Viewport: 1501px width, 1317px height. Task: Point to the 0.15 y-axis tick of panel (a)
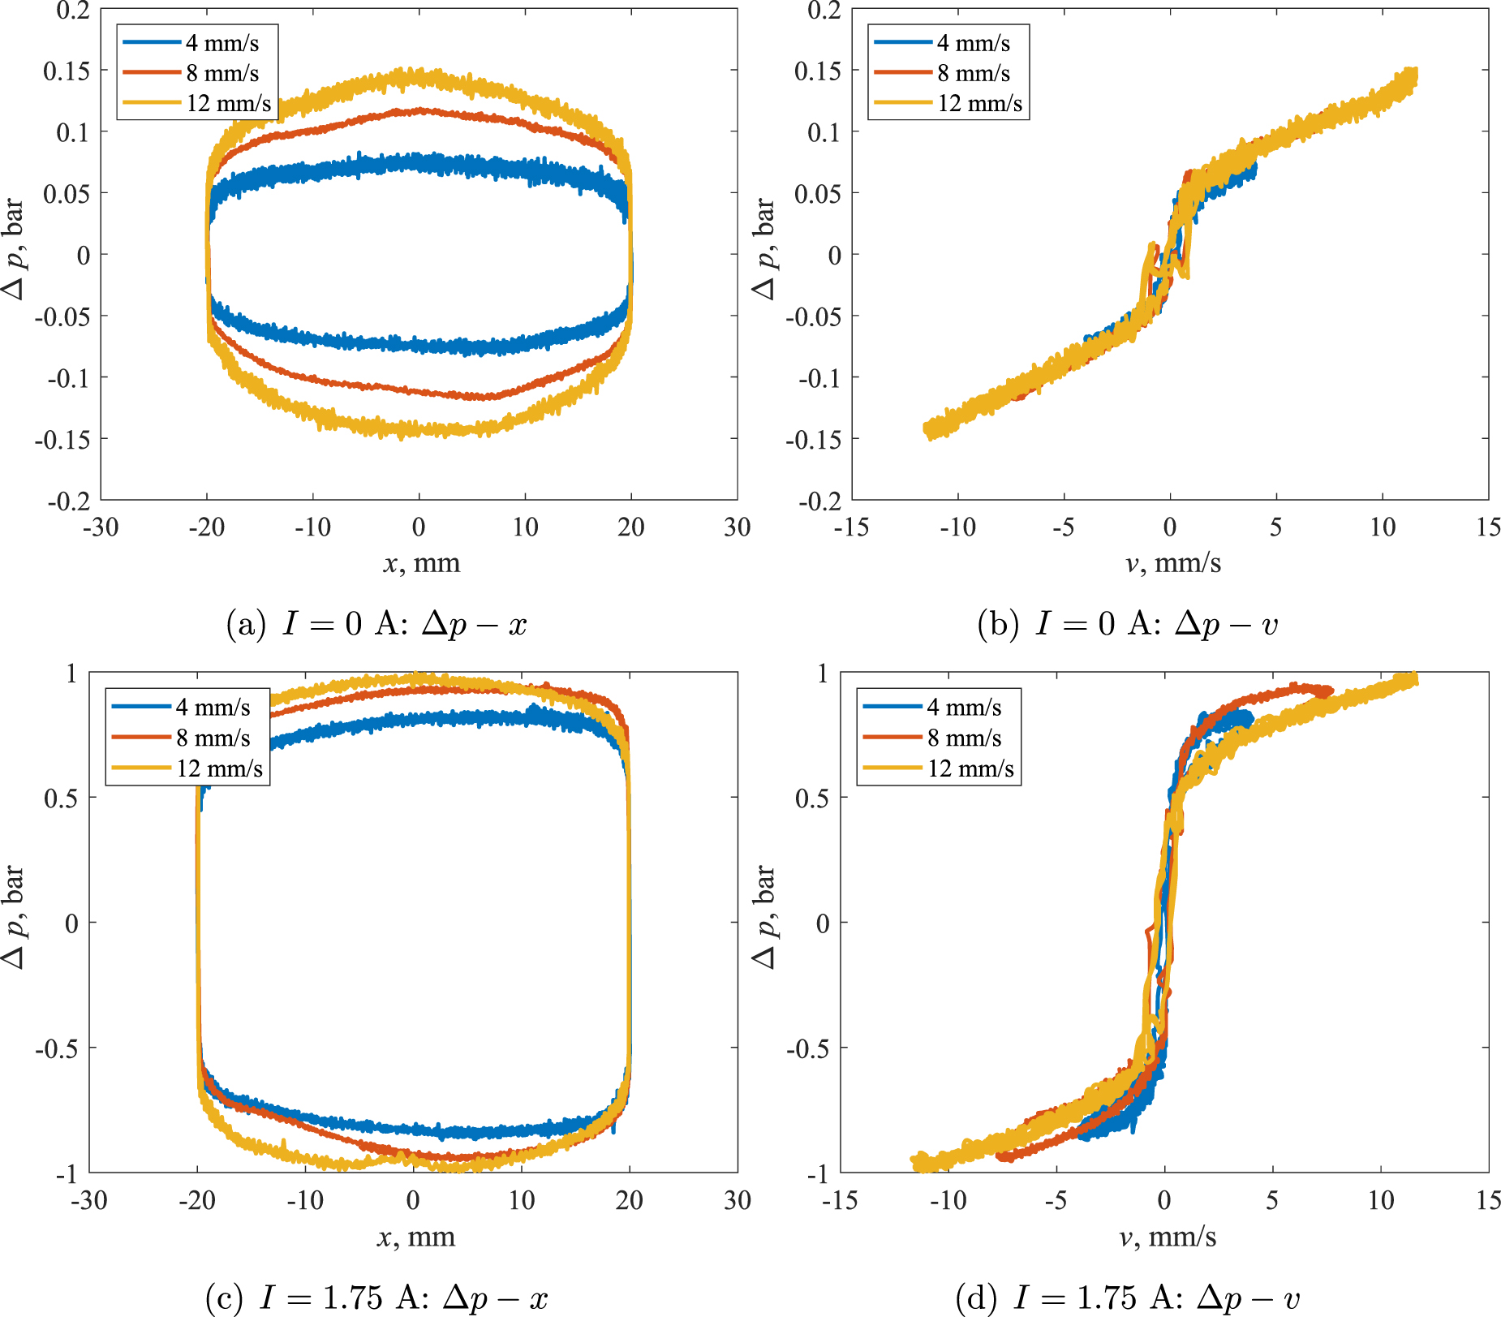tap(67, 71)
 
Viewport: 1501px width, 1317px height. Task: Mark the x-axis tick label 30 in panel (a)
tap(737, 527)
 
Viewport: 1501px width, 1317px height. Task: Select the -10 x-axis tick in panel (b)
tap(957, 527)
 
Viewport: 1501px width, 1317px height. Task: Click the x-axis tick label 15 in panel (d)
tap(1488, 1200)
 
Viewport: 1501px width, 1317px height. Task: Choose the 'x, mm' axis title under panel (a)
tap(421, 562)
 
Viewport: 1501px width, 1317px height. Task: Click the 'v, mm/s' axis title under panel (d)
tap(1168, 1236)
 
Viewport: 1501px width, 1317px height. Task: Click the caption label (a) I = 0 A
tap(376, 624)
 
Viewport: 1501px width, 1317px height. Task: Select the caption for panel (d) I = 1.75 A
tap(1127, 1297)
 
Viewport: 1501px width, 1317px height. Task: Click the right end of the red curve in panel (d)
tap(1330, 691)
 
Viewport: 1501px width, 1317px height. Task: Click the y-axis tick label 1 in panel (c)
tap(71, 673)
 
